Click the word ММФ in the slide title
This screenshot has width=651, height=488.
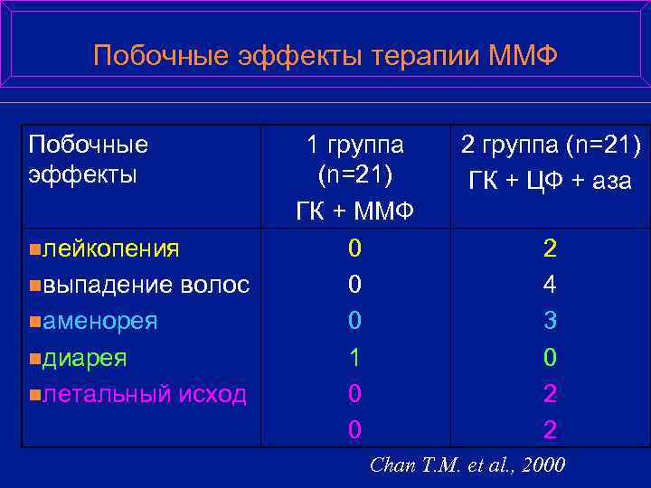(524, 57)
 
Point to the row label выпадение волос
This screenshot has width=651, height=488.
(146, 285)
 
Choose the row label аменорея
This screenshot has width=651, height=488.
(100, 321)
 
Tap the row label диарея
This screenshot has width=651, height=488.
(86, 358)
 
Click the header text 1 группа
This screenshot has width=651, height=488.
(355, 144)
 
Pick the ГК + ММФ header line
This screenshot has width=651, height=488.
(355, 211)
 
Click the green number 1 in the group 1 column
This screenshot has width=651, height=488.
(355, 358)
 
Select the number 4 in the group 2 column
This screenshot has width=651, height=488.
(550, 285)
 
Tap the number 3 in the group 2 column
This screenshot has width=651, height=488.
(550, 321)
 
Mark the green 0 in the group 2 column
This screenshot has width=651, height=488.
(550, 358)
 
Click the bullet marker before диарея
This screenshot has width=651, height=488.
(33, 359)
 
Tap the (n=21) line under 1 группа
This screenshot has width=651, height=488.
(355, 174)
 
